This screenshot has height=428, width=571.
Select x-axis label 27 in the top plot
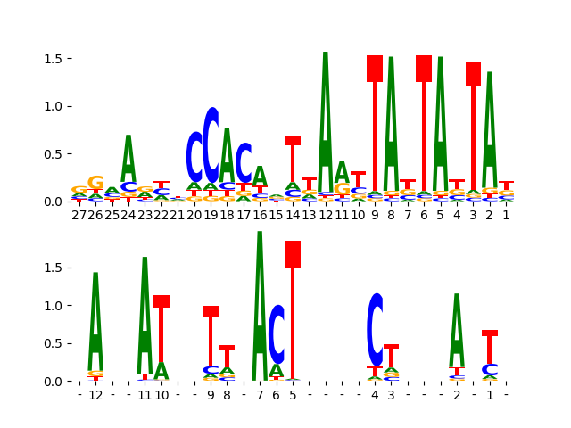pyautogui.click(x=79, y=214)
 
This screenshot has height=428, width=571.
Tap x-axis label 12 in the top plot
pyautogui.click(x=326, y=214)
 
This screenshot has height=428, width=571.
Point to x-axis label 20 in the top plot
pyautogui.click(x=194, y=214)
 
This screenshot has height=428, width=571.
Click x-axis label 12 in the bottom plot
pyautogui.click(x=95, y=395)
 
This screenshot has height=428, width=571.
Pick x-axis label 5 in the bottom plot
pyautogui.click(x=293, y=395)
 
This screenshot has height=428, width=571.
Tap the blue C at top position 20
pyautogui.click(x=194, y=157)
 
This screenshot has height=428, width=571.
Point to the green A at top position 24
pyautogui.click(x=128, y=160)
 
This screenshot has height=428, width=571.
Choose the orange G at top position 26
pyautogui.click(x=95, y=183)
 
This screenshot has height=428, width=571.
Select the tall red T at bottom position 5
pyautogui.click(x=293, y=303)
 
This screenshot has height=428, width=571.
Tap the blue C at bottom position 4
pyautogui.click(x=375, y=330)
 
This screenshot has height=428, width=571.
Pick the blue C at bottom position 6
pyautogui.click(x=277, y=334)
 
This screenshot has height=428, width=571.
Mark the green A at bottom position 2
pyautogui.click(x=457, y=330)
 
